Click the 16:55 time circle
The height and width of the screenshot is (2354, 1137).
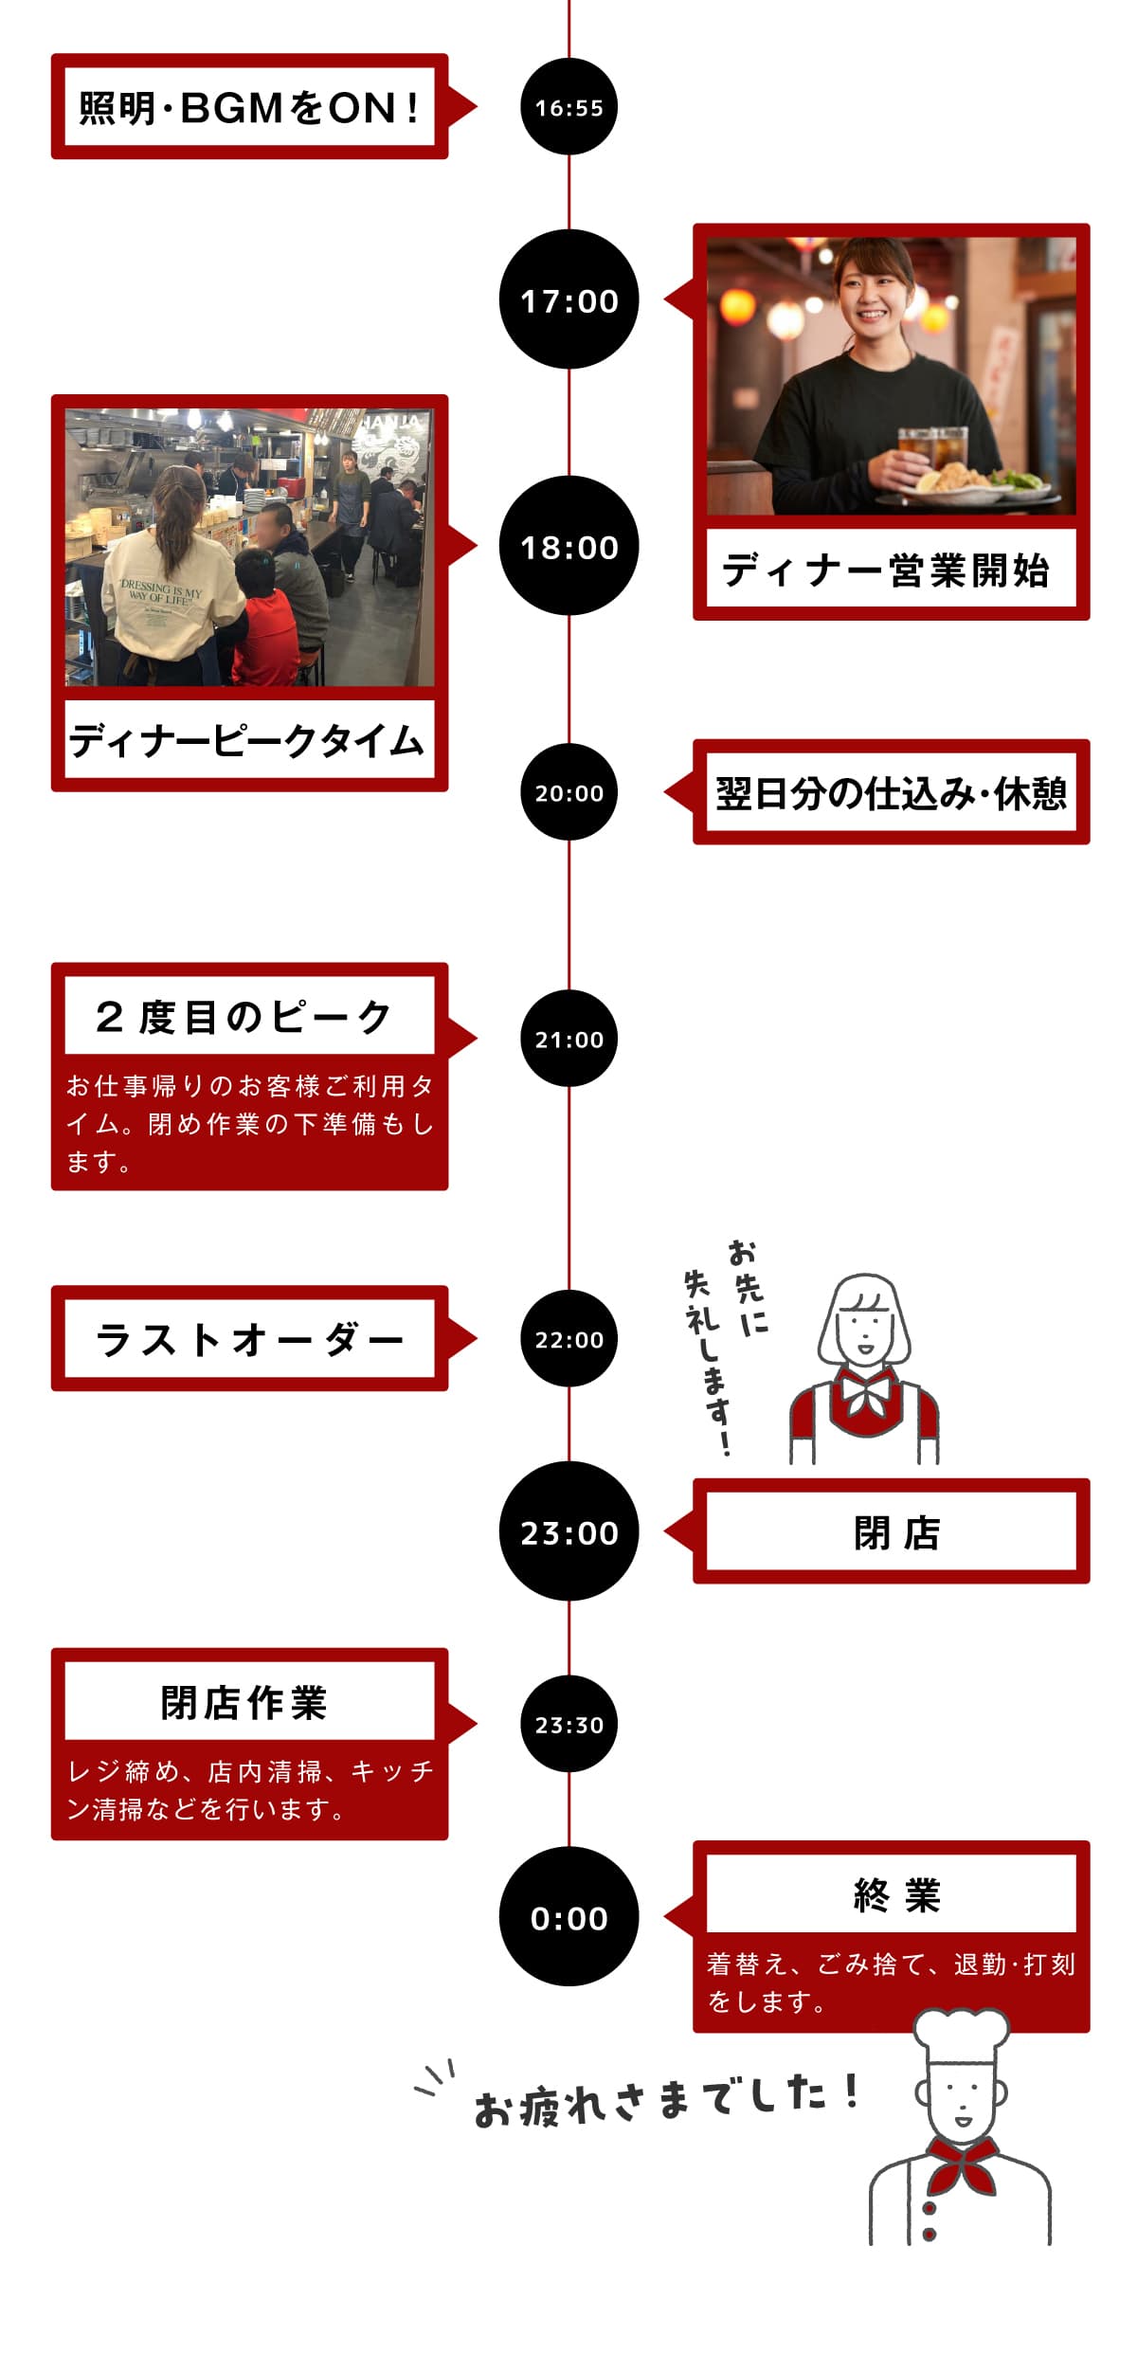568,107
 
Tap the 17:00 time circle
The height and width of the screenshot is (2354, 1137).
568,300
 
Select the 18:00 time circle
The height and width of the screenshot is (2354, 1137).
568,547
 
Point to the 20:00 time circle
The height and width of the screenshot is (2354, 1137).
568,792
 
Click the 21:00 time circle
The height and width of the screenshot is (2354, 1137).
568,1039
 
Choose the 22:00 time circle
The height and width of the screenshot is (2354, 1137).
568,1339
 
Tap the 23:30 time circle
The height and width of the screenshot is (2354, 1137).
568,1725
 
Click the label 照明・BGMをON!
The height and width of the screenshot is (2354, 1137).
249,107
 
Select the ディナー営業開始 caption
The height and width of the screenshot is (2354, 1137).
890,570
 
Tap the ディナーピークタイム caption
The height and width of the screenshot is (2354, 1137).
248,740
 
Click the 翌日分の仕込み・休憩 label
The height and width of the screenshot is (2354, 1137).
891,793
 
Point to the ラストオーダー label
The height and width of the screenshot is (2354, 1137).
249,1339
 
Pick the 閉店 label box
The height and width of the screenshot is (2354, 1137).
891,1531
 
